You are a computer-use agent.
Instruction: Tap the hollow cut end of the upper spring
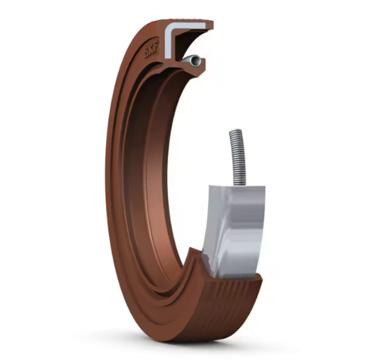[x=195, y=61]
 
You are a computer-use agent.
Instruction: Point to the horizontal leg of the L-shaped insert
[x=189, y=27]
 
